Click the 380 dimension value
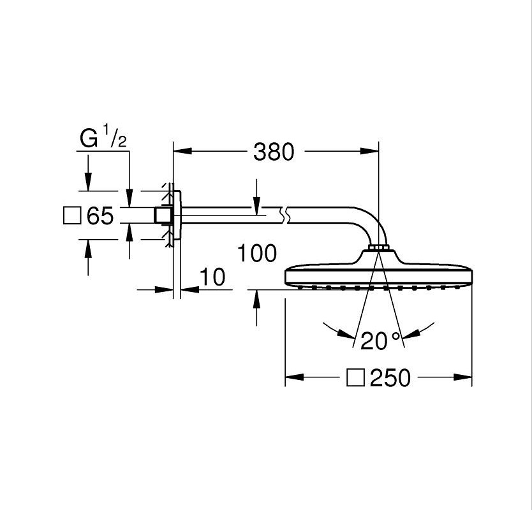274,152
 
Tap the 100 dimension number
256,253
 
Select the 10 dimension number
212,277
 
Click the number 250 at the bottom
390,379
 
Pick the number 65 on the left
100,217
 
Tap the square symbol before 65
72,216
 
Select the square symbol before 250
355,379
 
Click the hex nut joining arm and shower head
378,247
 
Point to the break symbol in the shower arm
286,214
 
